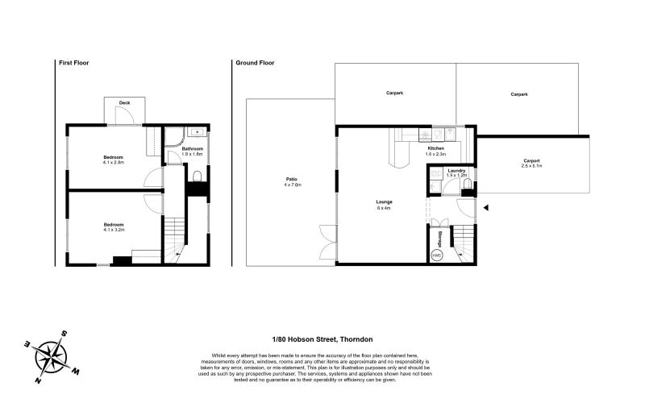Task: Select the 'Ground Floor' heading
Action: tap(249, 63)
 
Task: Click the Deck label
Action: tap(125, 103)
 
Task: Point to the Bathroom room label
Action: tap(192, 148)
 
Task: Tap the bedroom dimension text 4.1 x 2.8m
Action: tap(113, 162)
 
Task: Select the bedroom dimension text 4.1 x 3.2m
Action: tap(113, 230)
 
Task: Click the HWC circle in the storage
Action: tap(438, 255)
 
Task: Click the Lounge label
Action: tap(383, 202)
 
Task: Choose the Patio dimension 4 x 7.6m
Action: tap(292, 185)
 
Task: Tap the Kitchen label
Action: tap(435, 147)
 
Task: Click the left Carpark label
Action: tap(394, 94)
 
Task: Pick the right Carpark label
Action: tap(518, 94)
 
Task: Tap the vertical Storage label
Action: tap(440, 239)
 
